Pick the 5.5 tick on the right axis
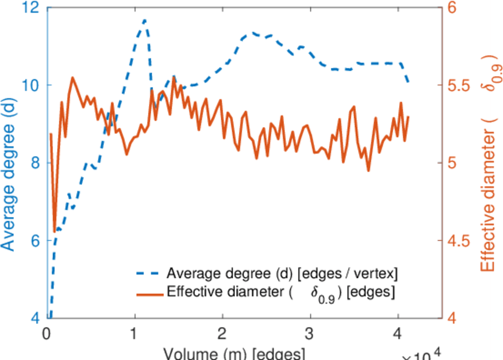coord(460,85)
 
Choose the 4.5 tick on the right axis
coord(460,241)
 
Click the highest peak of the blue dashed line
coord(144,20)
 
